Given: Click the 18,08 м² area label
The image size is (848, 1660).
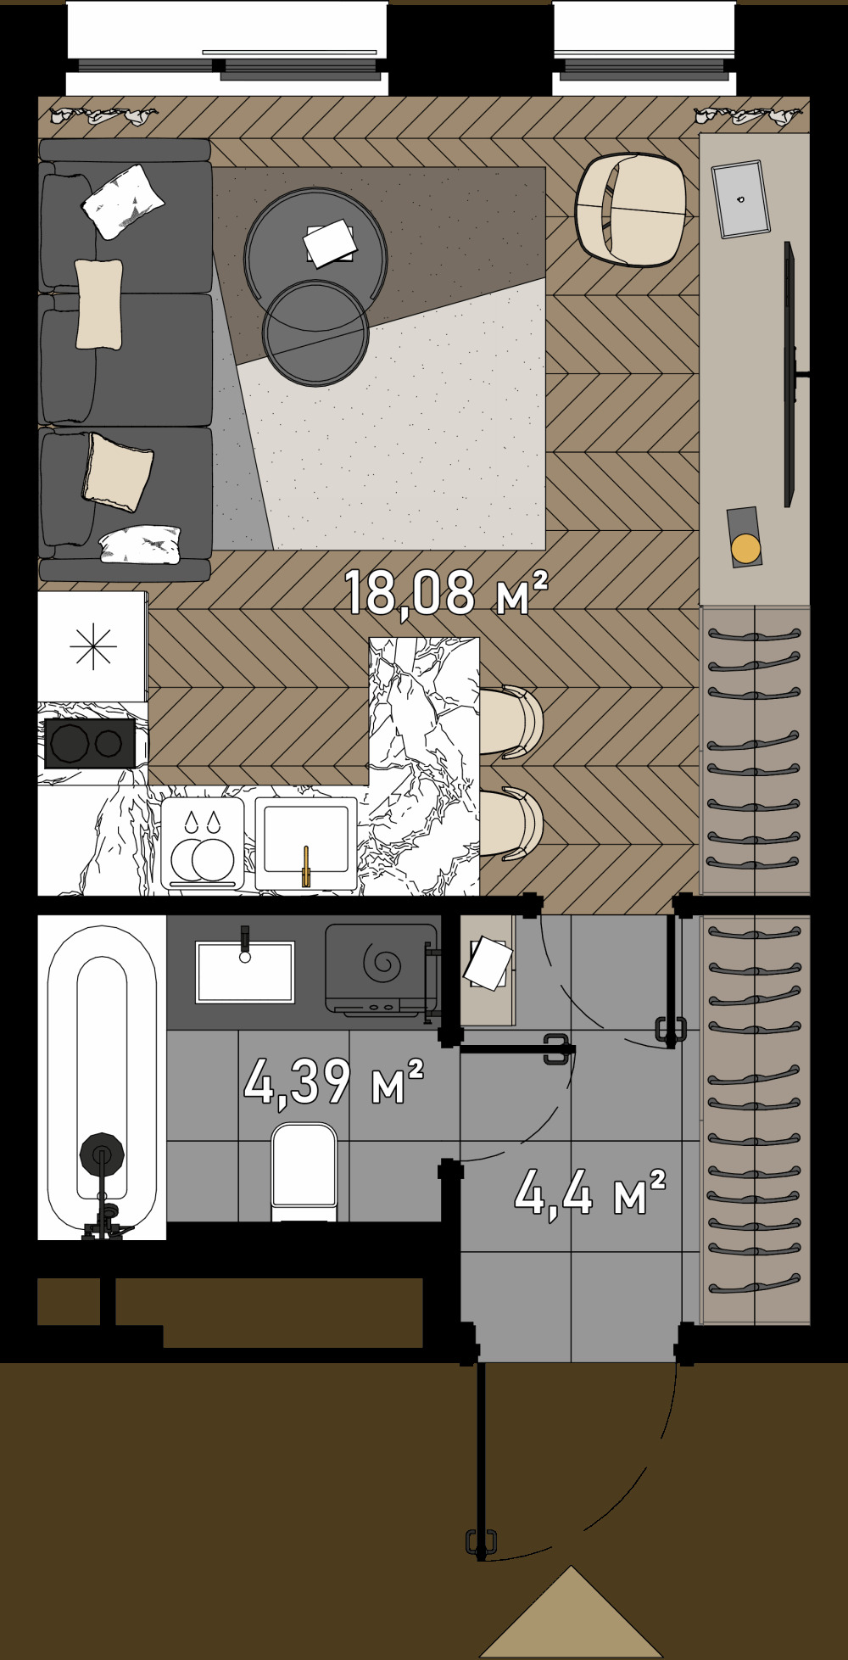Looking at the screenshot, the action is [x=446, y=592].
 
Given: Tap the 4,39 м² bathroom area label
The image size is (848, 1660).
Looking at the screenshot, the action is [x=333, y=1082].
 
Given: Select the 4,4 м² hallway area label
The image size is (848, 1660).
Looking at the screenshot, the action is [x=589, y=1192].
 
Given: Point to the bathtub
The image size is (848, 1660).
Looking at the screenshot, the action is [x=102, y=1077].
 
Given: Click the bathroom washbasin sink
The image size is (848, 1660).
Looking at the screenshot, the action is [x=245, y=971].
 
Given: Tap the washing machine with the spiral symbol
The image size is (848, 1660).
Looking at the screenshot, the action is [x=381, y=970].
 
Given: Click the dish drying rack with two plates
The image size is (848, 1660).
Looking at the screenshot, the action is [x=203, y=845].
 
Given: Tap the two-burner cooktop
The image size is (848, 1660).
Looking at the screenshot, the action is [x=90, y=743].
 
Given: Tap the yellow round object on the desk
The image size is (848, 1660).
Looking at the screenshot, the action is [x=746, y=549].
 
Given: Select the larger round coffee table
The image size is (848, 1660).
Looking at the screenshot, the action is [x=316, y=250].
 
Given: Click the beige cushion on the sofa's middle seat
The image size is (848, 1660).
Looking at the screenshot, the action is [x=98, y=304].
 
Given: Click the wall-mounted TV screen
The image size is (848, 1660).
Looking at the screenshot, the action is [x=789, y=374].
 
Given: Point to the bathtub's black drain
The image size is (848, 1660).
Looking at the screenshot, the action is [x=102, y=1154].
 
